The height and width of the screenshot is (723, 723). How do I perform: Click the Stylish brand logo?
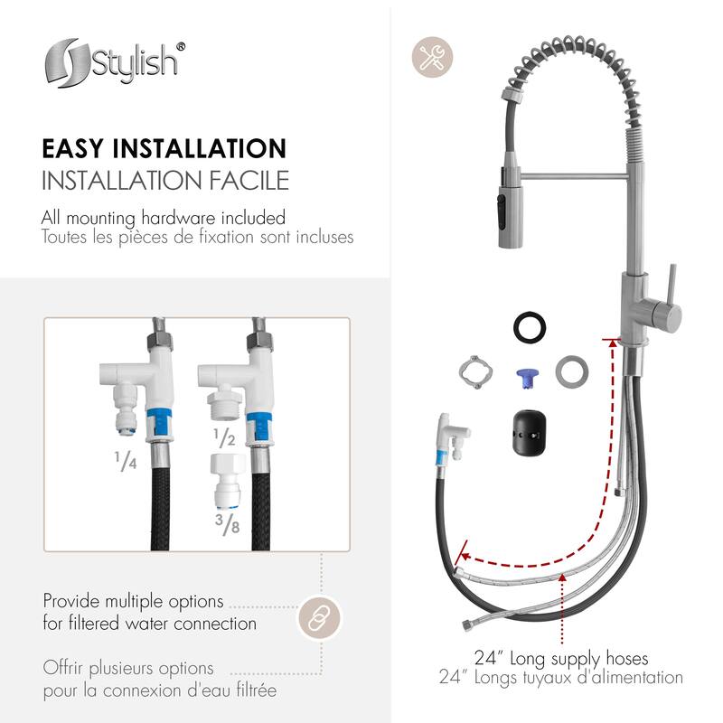pos(115,63)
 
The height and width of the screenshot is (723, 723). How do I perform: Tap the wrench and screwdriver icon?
pos(433,56)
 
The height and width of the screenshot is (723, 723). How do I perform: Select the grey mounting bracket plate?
pos(474,371)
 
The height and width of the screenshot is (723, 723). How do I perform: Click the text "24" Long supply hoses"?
pos(561,658)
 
